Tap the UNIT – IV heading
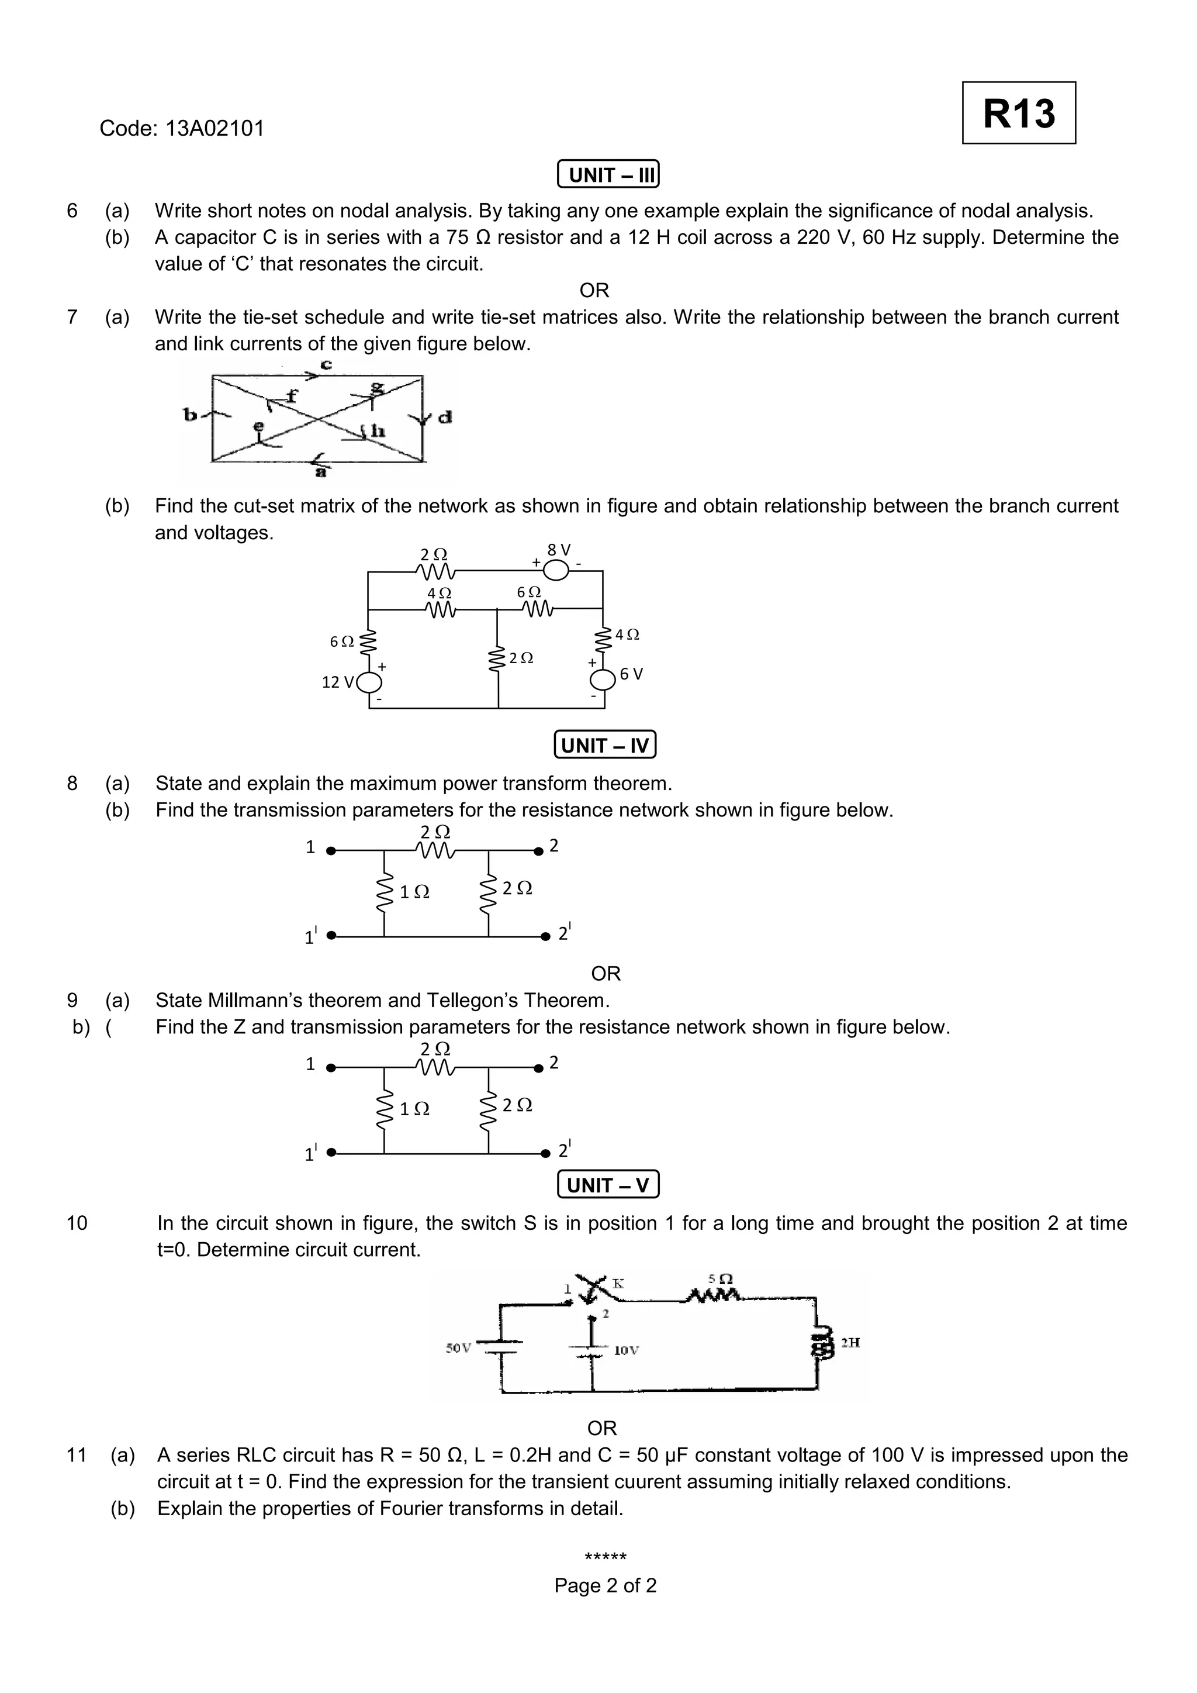pos(604,746)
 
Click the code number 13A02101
pos(215,128)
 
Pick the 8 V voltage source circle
pos(556,570)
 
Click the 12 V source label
pos(338,682)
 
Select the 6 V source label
pos(632,674)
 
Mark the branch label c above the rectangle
pos(326,364)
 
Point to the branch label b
pos(189,415)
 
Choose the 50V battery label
pos(458,1348)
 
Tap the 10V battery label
pos(627,1350)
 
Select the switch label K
pos(618,1284)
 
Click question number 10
pos(77,1223)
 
